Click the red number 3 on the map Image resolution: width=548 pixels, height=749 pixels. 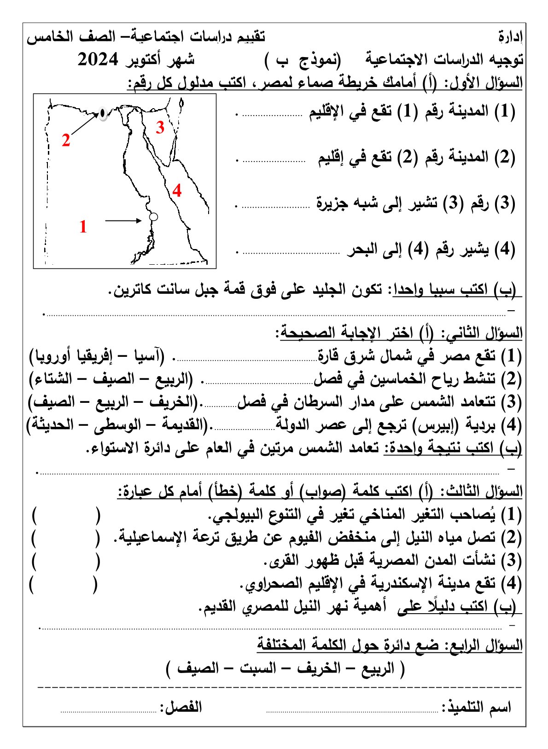160,127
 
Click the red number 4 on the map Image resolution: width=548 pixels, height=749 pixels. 177,190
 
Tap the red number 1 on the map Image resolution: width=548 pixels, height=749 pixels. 83,226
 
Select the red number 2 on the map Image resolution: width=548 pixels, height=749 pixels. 66,140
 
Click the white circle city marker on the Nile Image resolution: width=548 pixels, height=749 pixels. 154,216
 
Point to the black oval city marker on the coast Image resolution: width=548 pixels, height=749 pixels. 102,113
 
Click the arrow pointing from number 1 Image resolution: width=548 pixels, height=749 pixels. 123,221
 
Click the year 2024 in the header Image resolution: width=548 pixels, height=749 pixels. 98,60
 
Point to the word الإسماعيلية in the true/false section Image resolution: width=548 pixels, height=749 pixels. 154,537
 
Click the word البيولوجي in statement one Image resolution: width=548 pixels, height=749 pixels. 237,514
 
